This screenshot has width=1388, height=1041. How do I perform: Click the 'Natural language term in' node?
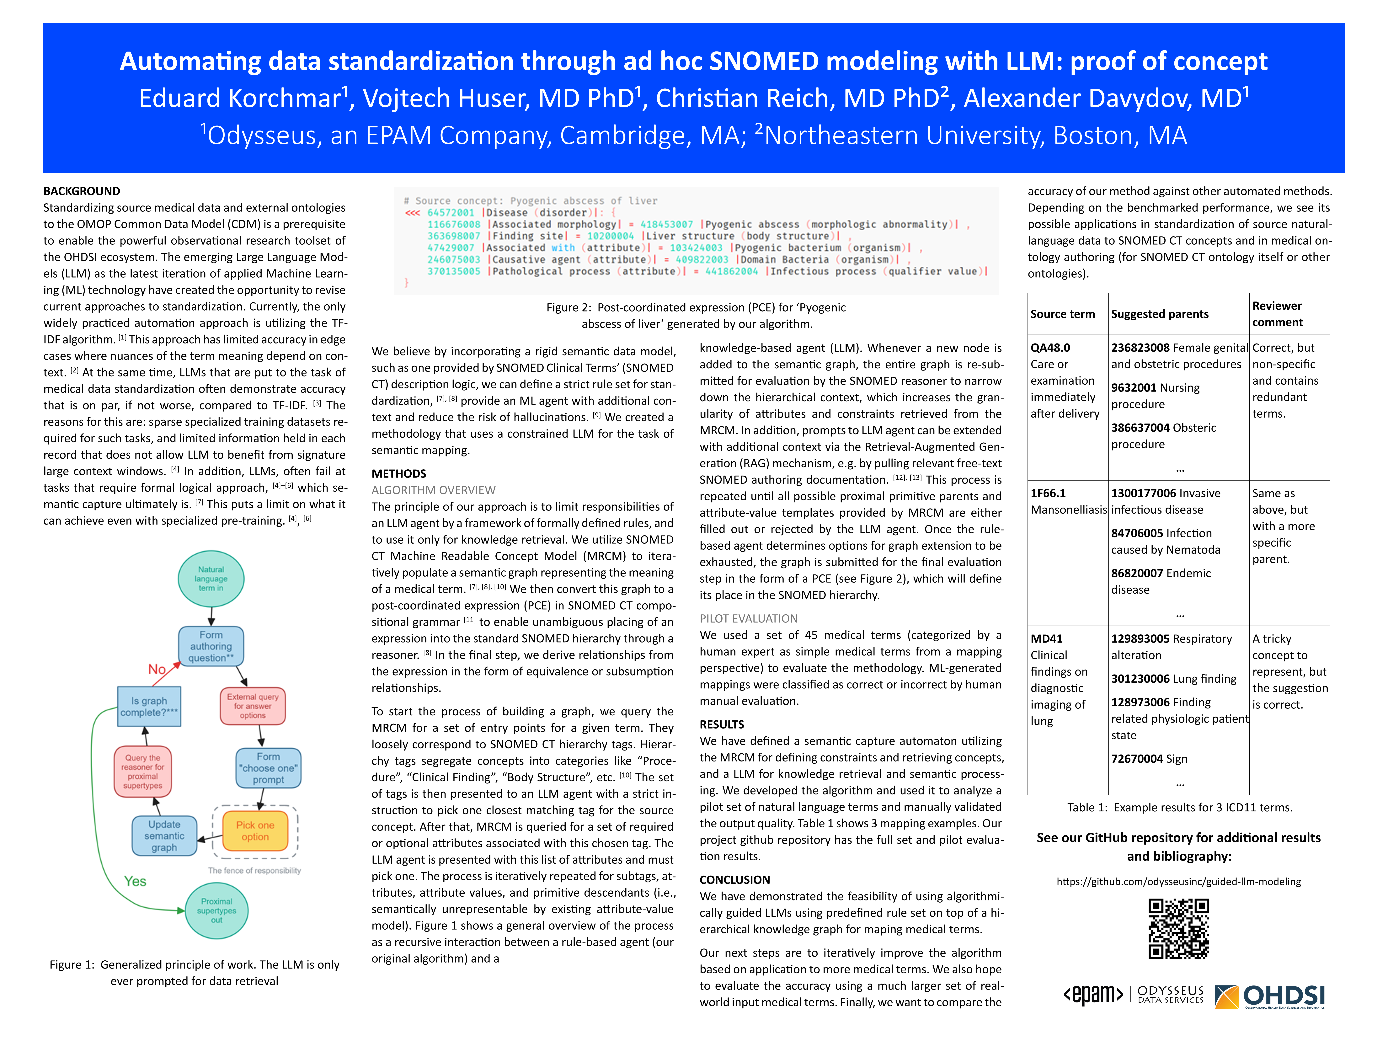tap(211, 579)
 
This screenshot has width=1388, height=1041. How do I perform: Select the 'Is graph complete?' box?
tap(149, 707)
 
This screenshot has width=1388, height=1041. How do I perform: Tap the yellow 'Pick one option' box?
tap(255, 831)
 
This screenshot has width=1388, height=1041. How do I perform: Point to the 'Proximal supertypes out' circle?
tap(216, 910)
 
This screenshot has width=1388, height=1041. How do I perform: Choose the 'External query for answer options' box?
tap(253, 706)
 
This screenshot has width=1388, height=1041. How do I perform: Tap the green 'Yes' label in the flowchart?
tap(135, 881)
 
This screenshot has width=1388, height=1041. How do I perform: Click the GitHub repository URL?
tap(1178, 882)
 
